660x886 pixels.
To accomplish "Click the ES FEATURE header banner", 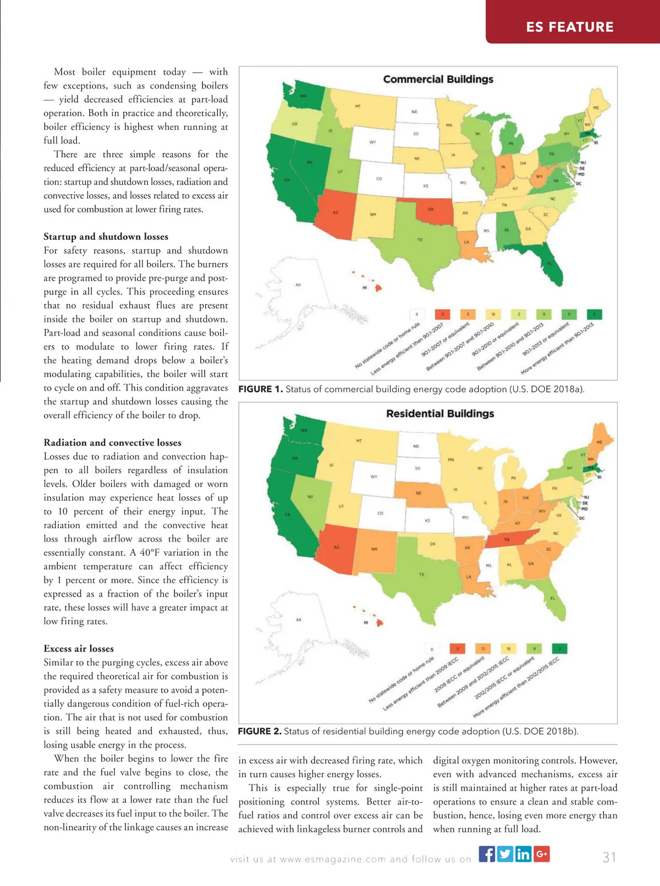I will (570, 26).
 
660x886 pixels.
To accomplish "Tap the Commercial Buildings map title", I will (438, 79).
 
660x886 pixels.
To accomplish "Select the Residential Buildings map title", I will (440, 413).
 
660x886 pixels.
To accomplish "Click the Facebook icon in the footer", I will (487, 854).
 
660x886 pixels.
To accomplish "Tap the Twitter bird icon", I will (505, 854).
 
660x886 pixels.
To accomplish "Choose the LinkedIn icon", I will (523, 854).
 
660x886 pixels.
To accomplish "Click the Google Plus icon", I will (541, 854).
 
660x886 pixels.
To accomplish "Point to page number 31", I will (609, 857).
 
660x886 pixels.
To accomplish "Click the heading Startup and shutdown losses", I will (106, 237).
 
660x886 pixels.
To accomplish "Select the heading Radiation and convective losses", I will (112, 442).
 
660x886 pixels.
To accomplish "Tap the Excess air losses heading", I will (79, 648).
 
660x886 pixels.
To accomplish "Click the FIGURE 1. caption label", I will (260, 389).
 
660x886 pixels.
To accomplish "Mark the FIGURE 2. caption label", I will (260, 731).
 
